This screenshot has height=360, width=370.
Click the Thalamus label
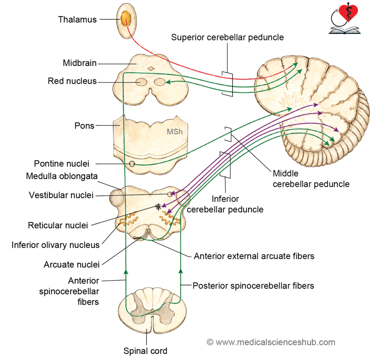pyautogui.click(x=77, y=20)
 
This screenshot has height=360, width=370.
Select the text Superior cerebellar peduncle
pyautogui.click(x=227, y=37)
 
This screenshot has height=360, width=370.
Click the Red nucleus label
pyautogui.click(x=72, y=81)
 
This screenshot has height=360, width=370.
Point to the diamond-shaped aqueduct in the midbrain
pyautogui.click(x=151, y=68)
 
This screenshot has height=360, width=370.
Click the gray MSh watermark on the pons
pyautogui.click(x=175, y=132)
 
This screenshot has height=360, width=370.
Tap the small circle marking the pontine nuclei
pyautogui.click(x=132, y=164)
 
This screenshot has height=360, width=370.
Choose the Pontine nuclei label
pyautogui.click(x=61, y=164)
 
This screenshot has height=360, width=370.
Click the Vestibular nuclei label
pyautogui.click(x=61, y=195)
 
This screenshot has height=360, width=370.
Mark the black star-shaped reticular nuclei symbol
pyautogui.click(x=158, y=207)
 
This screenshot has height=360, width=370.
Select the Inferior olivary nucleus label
pyautogui.click(x=55, y=245)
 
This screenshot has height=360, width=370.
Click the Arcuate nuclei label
pyautogui.click(x=72, y=264)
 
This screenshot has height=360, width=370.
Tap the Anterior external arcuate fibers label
pyautogui.click(x=254, y=256)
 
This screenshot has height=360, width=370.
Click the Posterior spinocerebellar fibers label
pyautogui.click(x=253, y=286)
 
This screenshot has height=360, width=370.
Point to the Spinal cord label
pyautogui.click(x=145, y=351)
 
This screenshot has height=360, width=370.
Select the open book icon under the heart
pyautogui.click(x=344, y=30)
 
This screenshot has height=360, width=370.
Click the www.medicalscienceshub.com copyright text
pyautogui.click(x=271, y=342)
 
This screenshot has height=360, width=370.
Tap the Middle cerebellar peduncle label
pyautogui.click(x=311, y=179)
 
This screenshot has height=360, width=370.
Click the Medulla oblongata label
pyautogui.click(x=61, y=176)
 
